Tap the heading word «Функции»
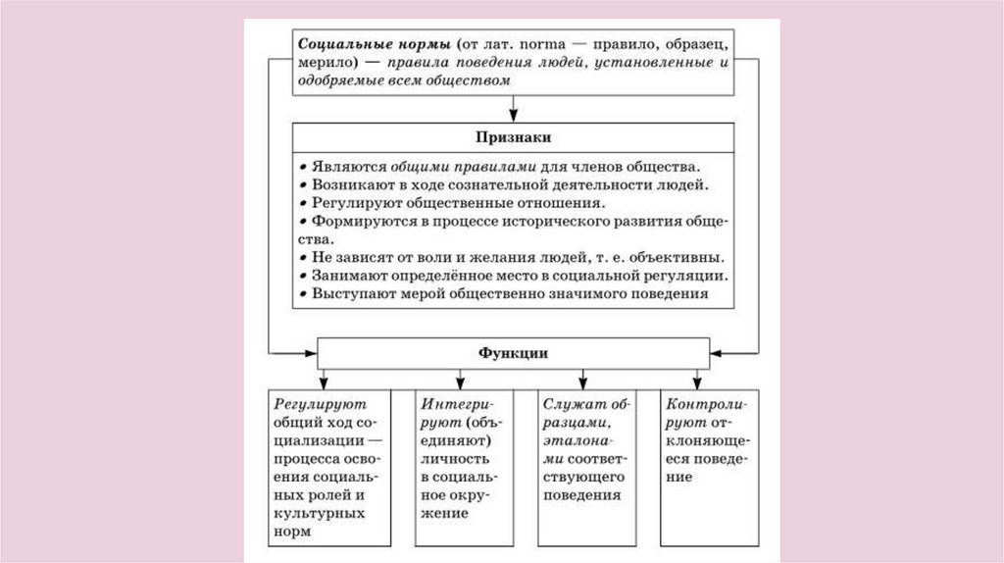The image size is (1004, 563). click(x=513, y=352)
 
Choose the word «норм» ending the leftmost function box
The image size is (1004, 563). click(x=292, y=532)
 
